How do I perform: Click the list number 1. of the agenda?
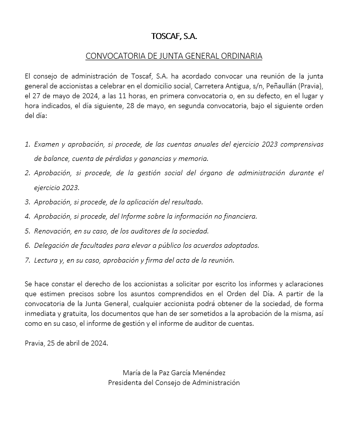click(x=27, y=145)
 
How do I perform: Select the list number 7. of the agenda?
click(x=27, y=260)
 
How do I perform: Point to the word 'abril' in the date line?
click(x=78, y=343)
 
